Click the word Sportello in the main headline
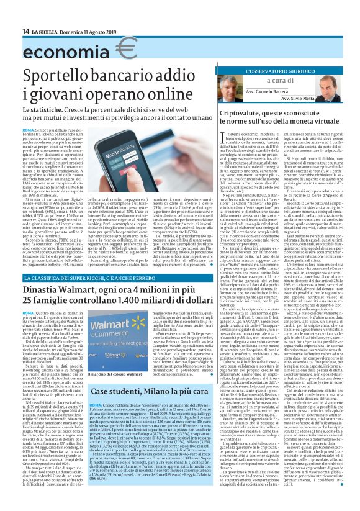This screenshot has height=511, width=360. coord(60,77)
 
